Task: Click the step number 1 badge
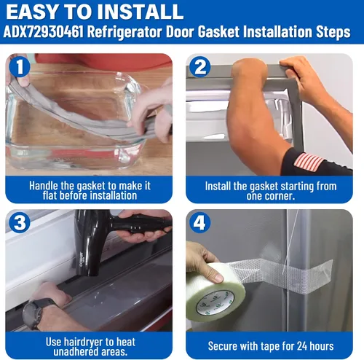(x=20, y=66)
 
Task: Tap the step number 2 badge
(x=199, y=66)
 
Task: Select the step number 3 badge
(x=20, y=222)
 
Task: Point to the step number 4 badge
(x=199, y=222)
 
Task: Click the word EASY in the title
(x=32, y=12)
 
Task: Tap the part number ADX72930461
(x=43, y=32)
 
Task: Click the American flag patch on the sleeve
(x=309, y=162)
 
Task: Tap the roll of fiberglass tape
(x=215, y=291)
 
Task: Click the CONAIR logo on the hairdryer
(x=82, y=259)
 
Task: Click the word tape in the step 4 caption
(x=273, y=347)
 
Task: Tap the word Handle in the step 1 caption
(x=44, y=186)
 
